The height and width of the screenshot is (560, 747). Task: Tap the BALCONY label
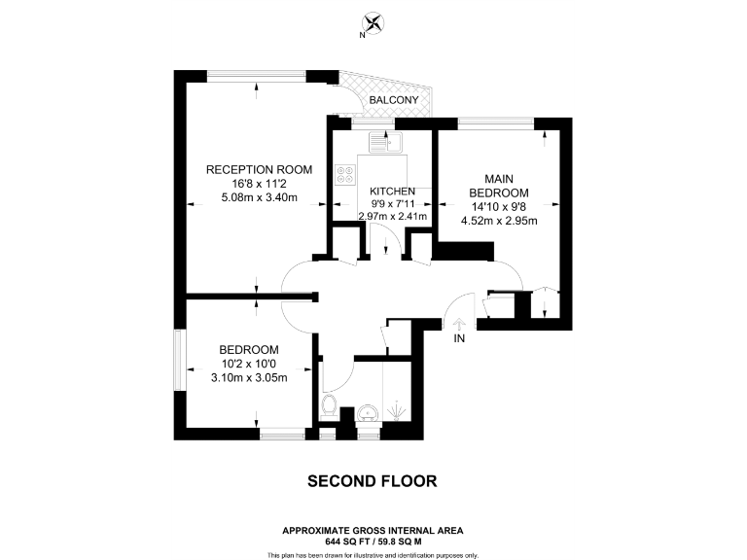click(x=394, y=101)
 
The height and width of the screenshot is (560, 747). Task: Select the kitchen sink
click(x=386, y=144)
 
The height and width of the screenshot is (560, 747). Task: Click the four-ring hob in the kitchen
click(x=345, y=175)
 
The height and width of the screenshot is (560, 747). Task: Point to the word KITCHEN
click(x=393, y=192)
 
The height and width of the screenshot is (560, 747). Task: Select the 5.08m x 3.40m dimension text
click(x=259, y=197)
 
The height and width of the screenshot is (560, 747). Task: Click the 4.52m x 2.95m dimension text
click(x=505, y=220)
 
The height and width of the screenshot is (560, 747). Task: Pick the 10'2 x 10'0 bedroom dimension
click(x=249, y=365)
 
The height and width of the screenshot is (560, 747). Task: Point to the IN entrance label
click(x=460, y=339)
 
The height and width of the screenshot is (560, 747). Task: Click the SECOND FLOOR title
click(x=373, y=480)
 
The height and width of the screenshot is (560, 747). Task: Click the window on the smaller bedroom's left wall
click(x=178, y=361)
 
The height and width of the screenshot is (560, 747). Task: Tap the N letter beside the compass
click(x=362, y=35)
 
